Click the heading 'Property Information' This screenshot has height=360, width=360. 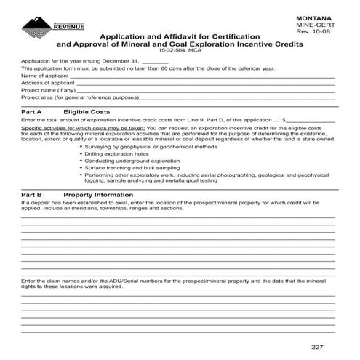99,195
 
